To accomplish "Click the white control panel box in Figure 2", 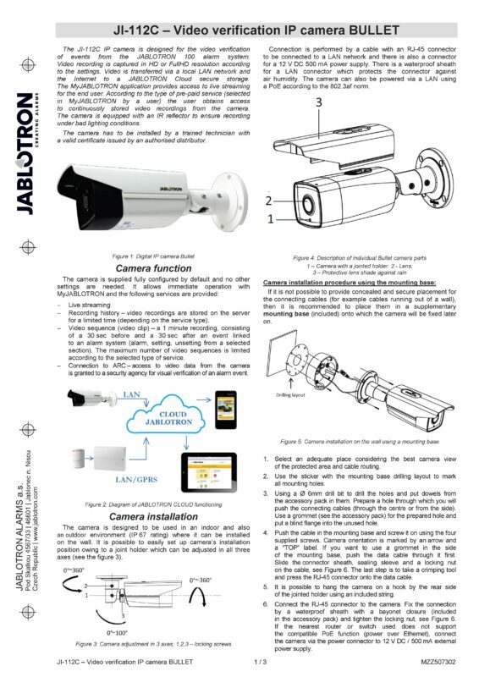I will click(115, 460).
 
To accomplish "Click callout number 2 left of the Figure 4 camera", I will click(268, 201).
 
